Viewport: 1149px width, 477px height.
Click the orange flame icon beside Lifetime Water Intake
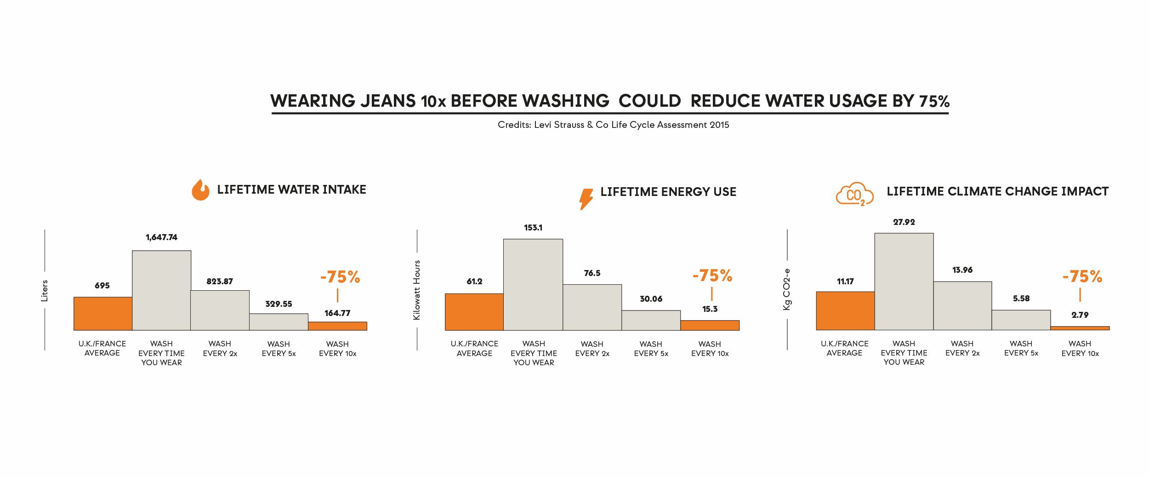pos(200,190)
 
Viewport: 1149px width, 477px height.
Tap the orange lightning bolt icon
pos(586,199)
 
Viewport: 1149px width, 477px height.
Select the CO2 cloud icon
pos(854,195)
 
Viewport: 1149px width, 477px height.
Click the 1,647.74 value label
pos(161,237)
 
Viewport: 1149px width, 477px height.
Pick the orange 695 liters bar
pos(103,314)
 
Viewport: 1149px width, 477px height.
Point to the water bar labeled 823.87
pos(220,310)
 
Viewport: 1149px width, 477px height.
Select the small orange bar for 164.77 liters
pos(338,326)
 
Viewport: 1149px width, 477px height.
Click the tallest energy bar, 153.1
pos(533,284)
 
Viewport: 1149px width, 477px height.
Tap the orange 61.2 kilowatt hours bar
pos(474,312)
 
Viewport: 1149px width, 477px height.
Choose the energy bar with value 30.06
pos(651,320)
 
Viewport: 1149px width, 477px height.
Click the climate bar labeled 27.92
pos(904,282)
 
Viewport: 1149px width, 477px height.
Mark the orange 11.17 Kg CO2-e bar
pos(845,311)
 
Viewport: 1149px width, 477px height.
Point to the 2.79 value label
pos(1080,315)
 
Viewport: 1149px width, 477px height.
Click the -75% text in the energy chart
pos(712,276)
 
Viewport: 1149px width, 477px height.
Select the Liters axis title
pos(45,291)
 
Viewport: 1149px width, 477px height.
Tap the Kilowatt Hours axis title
pos(417,290)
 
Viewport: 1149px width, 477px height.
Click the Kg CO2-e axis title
pos(787,289)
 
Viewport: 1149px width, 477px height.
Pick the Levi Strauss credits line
pos(613,125)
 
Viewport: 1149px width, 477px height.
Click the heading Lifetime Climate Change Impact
pos(997,191)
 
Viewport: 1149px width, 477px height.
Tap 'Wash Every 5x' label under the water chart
pos(279,349)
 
